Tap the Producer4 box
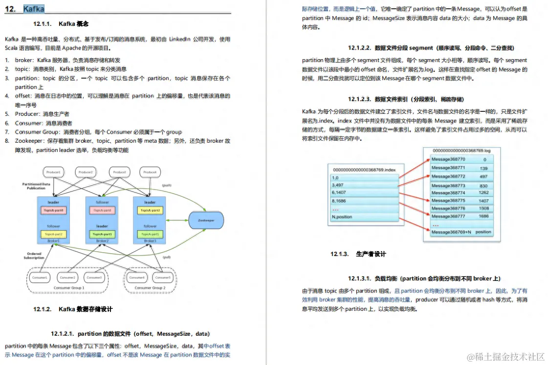150,172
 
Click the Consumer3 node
94,277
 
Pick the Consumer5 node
163,277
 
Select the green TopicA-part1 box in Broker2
102,235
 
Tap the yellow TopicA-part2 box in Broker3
150,210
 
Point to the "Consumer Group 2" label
151,288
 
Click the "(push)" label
166,186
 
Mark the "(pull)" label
166,257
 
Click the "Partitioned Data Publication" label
36,186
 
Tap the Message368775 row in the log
449,200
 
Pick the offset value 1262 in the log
483,193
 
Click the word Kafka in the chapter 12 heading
34,9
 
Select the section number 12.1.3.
339,254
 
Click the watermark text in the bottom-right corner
506,357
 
